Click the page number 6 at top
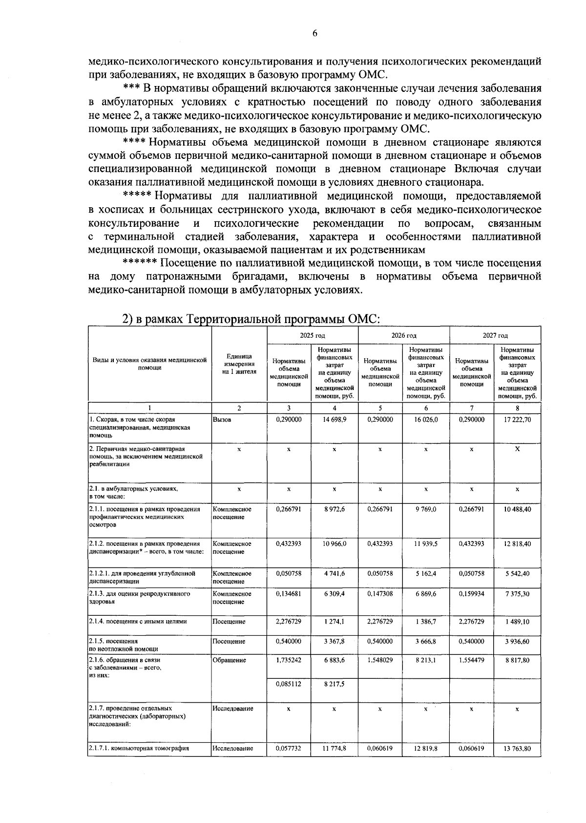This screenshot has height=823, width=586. tap(314, 33)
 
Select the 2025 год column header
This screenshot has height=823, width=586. tap(313, 335)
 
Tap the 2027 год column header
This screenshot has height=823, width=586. tap(495, 335)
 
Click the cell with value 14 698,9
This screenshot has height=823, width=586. tap(334, 419)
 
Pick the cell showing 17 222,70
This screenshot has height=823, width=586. tap(517, 419)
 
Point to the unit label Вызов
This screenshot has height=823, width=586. tap(222, 419)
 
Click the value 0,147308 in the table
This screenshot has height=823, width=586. tap(380, 593)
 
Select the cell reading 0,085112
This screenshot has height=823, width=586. tap(289, 684)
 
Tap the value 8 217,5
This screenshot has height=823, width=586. tap(334, 684)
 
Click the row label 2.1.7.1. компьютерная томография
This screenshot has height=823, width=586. tap(139, 748)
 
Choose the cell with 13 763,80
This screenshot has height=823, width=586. tap(517, 748)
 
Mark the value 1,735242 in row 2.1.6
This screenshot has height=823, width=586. tap(289, 660)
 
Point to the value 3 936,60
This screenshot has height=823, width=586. tap(517, 641)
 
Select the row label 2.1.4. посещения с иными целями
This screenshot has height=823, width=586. tap(138, 621)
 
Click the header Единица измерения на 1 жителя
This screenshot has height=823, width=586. tap(239, 364)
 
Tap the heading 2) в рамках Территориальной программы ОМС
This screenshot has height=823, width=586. tap(251, 319)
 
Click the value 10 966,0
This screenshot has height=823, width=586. tap(334, 543)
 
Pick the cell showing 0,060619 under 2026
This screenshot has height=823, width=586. tap(380, 748)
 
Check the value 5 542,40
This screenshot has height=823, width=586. tap(517, 573)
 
